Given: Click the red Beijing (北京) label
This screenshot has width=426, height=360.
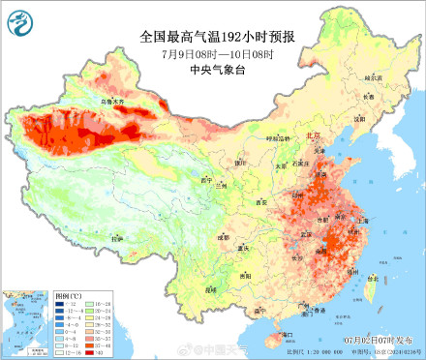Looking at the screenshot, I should [313, 136].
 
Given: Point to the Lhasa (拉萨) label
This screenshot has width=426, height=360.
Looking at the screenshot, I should [116, 237].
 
